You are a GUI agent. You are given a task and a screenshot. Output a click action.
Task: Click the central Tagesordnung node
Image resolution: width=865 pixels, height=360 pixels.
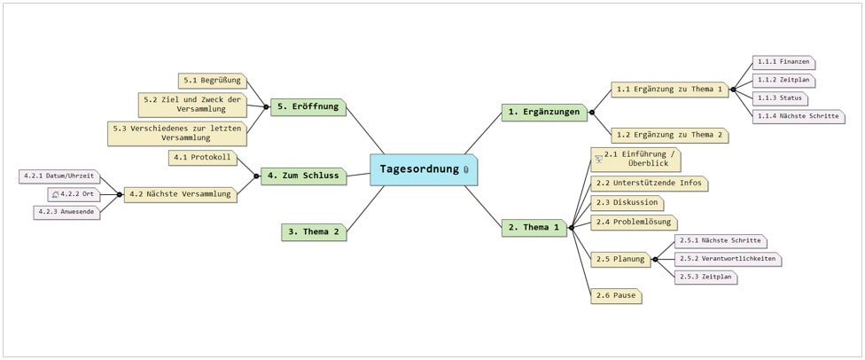point(423,169)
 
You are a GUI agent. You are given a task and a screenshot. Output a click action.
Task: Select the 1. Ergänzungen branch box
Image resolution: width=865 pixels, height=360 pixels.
point(544,112)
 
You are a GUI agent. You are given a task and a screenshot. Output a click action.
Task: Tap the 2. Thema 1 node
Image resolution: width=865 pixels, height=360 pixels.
point(534,228)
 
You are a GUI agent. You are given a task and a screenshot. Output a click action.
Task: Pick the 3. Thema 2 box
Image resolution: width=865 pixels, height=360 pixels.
point(314,232)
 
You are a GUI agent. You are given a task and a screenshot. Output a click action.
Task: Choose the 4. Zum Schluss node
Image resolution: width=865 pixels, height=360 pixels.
point(303,176)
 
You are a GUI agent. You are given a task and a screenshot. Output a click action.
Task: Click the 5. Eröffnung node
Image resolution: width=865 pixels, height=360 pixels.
point(308,106)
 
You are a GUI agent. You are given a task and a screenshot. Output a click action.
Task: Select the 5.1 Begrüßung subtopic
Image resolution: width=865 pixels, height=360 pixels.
point(213,81)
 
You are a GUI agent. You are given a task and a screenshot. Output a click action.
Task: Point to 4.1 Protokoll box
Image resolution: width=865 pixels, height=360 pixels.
point(202,158)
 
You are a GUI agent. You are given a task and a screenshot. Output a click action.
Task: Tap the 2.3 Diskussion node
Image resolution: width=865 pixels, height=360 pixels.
point(627,203)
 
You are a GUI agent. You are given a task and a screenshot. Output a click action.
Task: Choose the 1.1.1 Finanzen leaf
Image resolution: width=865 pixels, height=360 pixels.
point(783,62)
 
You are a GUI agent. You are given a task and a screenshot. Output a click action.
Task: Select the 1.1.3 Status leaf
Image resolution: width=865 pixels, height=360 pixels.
point(780,98)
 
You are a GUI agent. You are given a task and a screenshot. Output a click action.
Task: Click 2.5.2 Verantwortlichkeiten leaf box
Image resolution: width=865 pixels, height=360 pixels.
point(728,259)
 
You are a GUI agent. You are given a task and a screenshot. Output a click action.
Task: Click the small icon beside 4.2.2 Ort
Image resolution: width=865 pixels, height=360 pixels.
point(55,195)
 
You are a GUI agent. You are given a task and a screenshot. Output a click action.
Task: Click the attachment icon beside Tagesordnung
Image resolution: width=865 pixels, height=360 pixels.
point(465,170)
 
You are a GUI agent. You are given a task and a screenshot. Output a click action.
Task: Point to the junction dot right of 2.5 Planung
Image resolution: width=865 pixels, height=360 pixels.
point(655,259)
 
